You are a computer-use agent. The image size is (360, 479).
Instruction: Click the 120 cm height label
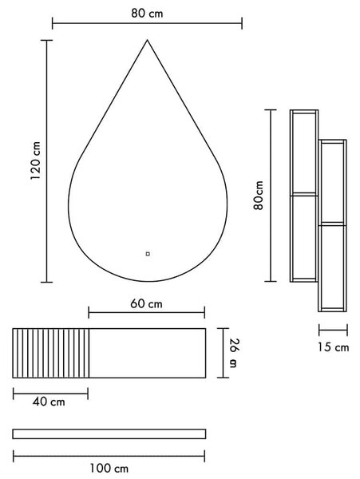[x=36, y=160]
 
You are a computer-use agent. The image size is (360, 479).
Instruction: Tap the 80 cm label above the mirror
[x=147, y=14]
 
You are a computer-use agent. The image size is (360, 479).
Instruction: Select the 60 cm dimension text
[x=146, y=304]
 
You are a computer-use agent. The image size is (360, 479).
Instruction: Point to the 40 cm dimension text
[x=49, y=402]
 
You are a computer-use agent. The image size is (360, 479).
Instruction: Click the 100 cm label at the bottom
[x=109, y=469]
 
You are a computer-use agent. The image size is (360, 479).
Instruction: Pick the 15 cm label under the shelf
[x=333, y=347]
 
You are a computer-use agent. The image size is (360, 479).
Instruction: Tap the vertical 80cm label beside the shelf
[x=259, y=196]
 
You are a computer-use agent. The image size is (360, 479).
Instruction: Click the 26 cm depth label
[x=234, y=353]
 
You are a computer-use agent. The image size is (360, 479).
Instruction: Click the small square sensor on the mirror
[x=148, y=254]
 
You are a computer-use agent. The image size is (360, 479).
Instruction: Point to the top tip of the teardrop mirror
[x=148, y=40]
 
